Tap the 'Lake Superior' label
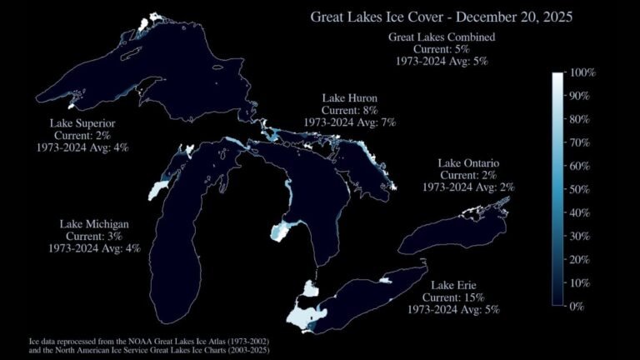coord(82,124)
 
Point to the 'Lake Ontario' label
coord(467,163)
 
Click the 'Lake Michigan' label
coord(94,225)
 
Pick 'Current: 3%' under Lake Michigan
coord(94,237)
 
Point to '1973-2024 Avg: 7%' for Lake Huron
coord(350,122)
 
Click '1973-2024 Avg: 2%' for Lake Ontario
coord(467,187)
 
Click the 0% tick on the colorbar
coord(580,307)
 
